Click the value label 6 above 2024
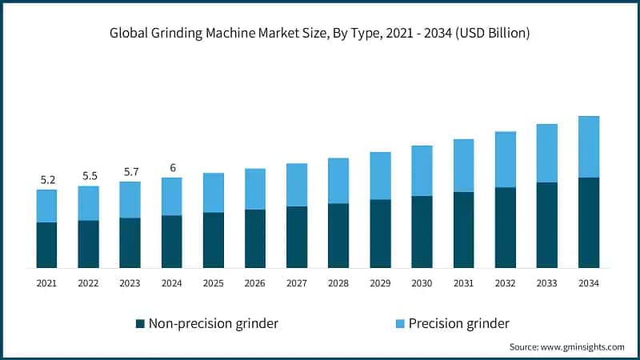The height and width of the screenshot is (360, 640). point(171,167)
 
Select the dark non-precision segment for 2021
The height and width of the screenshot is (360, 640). point(46,245)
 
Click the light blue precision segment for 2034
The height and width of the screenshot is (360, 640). point(589,146)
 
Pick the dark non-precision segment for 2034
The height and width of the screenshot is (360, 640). point(589,222)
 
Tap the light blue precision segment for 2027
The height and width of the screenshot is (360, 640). point(297,185)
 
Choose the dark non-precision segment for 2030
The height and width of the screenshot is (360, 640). point(422,232)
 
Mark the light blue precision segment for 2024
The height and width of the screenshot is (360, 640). point(171,196)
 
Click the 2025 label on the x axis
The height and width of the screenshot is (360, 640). point(213,282)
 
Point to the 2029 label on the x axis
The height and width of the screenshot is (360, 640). point(380,282)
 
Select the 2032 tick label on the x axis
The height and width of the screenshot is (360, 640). point(505,282)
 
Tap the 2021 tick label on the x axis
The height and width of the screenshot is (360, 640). point(46,282)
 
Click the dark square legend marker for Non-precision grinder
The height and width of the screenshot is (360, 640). point(140,324)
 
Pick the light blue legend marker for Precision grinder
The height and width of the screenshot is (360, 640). point(399,324)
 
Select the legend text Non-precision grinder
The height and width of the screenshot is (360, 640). point(214,324)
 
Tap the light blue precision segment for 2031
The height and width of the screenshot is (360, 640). point(463,166)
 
